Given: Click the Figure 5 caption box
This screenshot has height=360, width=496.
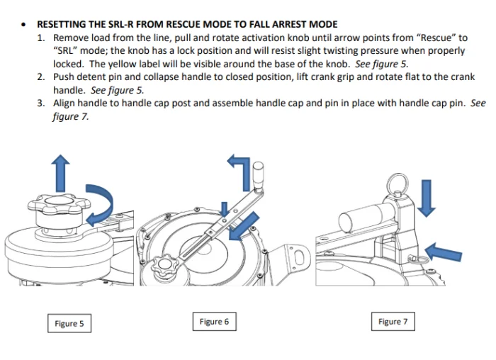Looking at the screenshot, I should click(x=69, y=324).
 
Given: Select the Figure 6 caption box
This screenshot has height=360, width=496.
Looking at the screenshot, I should click(x=214, y=322).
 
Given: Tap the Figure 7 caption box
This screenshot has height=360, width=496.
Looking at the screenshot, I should click(x=393, y=322).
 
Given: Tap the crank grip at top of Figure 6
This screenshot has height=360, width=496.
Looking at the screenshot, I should click(x=260, y=173).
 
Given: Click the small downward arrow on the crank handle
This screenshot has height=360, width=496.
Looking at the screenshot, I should click(x=225, y=209).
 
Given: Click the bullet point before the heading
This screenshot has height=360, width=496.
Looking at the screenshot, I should click(x=24, y=24).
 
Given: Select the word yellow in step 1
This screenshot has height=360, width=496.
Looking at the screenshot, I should click(x=105, y=63).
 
